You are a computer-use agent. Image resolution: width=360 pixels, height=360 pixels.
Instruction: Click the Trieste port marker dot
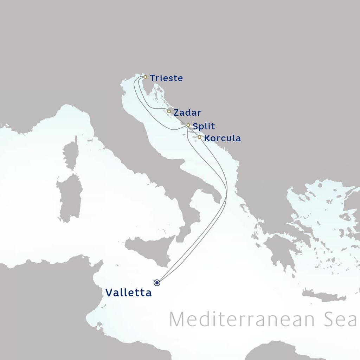point(145,77)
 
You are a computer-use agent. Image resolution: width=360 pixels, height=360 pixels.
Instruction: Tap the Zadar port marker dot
point(169,111)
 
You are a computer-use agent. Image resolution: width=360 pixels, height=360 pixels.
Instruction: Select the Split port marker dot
point(188,125)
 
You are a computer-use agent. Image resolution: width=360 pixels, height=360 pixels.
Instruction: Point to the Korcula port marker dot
point(200,137)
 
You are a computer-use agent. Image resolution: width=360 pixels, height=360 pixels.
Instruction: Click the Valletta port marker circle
point(157,282)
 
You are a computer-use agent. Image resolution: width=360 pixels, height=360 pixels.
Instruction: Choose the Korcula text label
point(223,139)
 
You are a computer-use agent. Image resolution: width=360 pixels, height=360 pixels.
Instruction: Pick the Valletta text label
point(129,293)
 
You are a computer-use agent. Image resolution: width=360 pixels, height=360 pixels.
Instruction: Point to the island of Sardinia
point(70,197)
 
